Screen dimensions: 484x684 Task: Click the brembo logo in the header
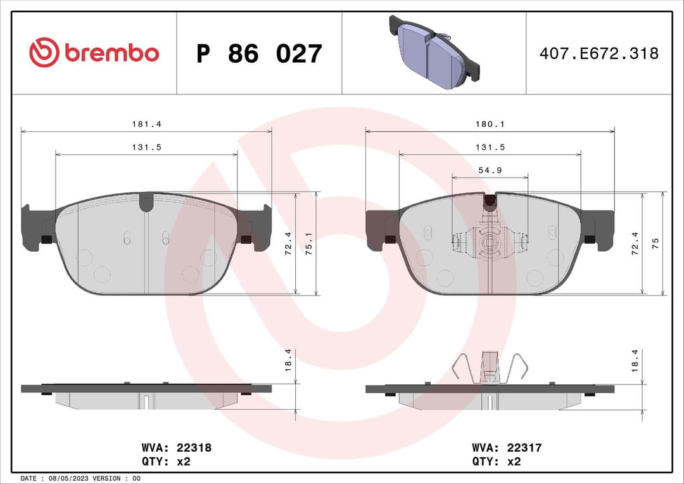coord(94,53)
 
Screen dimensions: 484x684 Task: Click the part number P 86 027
coord(259,54)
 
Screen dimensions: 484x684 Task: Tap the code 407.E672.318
coord(598,53)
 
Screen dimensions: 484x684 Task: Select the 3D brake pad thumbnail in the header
coord(434,52)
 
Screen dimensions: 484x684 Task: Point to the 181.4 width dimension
coord(143,124)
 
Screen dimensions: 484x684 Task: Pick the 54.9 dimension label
coord(490,170)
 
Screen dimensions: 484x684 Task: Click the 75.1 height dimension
coord(308,244)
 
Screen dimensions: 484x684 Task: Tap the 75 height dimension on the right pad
coord(655,244)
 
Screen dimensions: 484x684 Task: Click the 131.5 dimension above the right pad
coord(491,147)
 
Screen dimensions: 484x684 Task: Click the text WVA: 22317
coord(507,448)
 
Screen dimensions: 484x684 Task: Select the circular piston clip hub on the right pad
coord(490,243)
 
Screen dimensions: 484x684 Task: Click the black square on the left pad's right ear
coord(246,239)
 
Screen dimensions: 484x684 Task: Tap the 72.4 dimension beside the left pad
coord(289,244)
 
